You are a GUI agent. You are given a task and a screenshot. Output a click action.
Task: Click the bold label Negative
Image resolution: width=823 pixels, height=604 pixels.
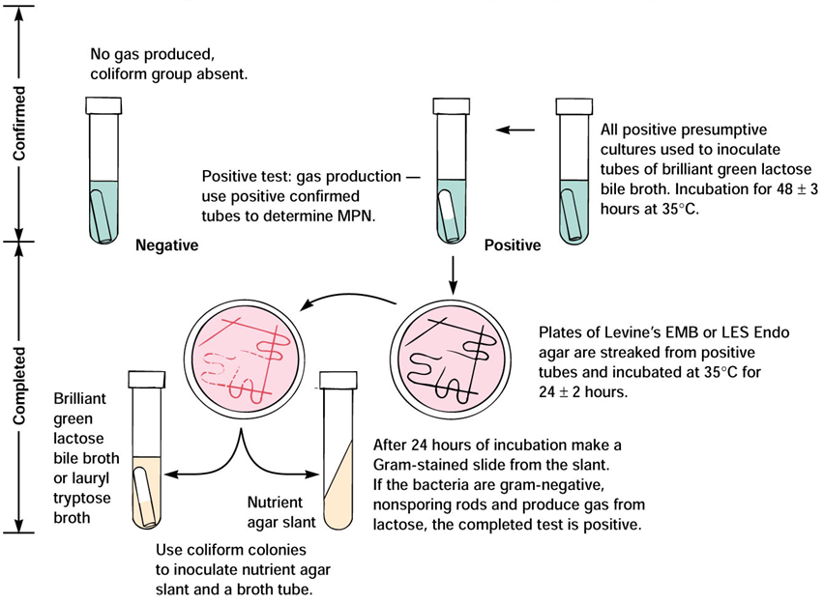click(166, 245)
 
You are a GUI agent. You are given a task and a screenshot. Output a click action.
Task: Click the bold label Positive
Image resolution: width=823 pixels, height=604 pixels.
click(512, 245)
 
